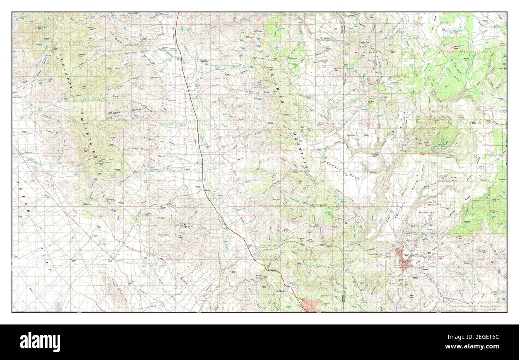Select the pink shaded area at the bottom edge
tap(311, 305)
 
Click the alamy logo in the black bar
tap(40, 342)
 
